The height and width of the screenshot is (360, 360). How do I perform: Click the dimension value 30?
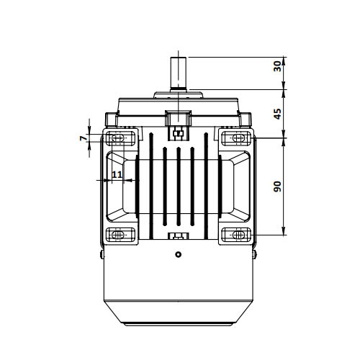tap(277, 66)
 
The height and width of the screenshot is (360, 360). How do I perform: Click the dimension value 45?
tap(277, 114)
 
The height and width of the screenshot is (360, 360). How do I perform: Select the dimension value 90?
tap(277, 186)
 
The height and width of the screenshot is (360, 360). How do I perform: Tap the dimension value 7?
tap(83, 138)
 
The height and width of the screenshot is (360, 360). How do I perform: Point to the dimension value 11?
tap(117, 174)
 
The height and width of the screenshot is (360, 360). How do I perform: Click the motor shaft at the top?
tap(179, 73)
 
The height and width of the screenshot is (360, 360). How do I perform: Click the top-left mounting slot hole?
tap(118, 138)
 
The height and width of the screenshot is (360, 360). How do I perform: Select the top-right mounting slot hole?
tap(238, 138)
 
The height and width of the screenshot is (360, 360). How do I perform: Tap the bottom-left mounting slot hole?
tap(118, 235)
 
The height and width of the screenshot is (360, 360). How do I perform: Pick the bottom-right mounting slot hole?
tap(238, 235)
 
